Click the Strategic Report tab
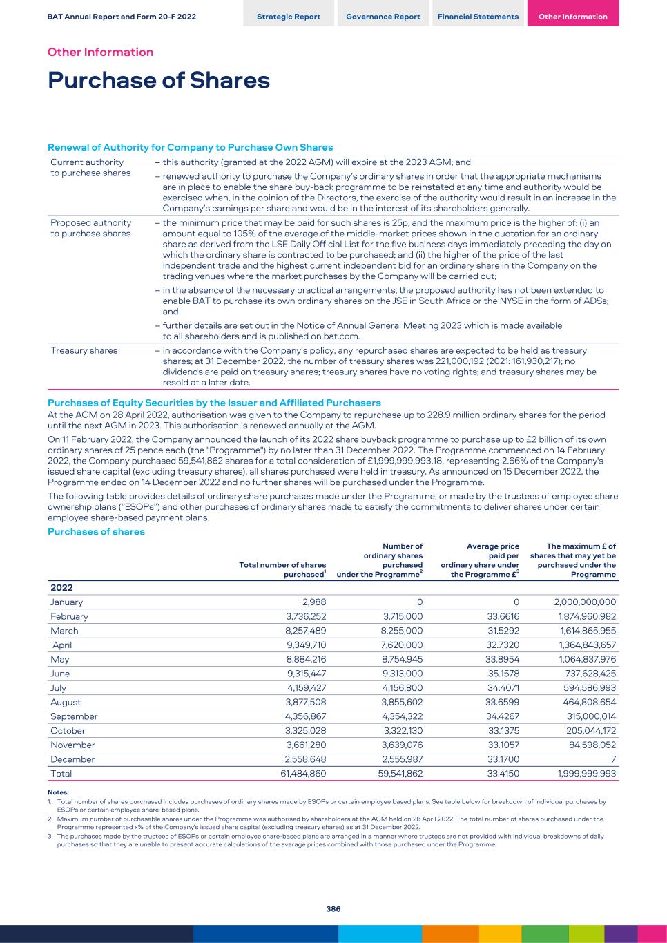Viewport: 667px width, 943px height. pyautogui.click(x=289, y=17)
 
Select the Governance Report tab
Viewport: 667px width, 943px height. pyautogui.click(x=383, y=17)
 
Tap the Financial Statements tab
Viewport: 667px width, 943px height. pyautogui.click(x=478, y=17)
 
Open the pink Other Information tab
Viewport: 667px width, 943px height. pyautogui.click(x=573, y=17)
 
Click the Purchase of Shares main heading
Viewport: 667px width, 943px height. pyautogui.click(x=159, y=80)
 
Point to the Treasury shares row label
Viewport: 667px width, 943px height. pyautogui.click(x=84, y=350)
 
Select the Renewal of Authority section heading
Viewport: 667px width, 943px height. pyautogui.click(x=190, y=147)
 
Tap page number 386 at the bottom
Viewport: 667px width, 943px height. pyautogui.click(x=333, y=909)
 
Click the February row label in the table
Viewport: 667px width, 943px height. pyautogui.click(x=69, y=616)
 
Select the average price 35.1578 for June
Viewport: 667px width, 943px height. pyautogui.click(x=503, y=674)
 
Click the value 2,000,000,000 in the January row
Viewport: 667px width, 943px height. pyautogui.click(x=585, y=602)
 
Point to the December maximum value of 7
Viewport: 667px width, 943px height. pyautogui.click(x=613, y=759)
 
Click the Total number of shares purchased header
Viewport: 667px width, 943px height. pyautogui.click(x=282, y=570)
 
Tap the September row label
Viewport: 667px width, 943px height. pyautogui.click(x=74, y=716)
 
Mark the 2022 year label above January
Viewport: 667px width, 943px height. pyautogui.click(x=61, y=587)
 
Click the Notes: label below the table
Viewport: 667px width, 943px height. pyautogui.click(x=58, y=792)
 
